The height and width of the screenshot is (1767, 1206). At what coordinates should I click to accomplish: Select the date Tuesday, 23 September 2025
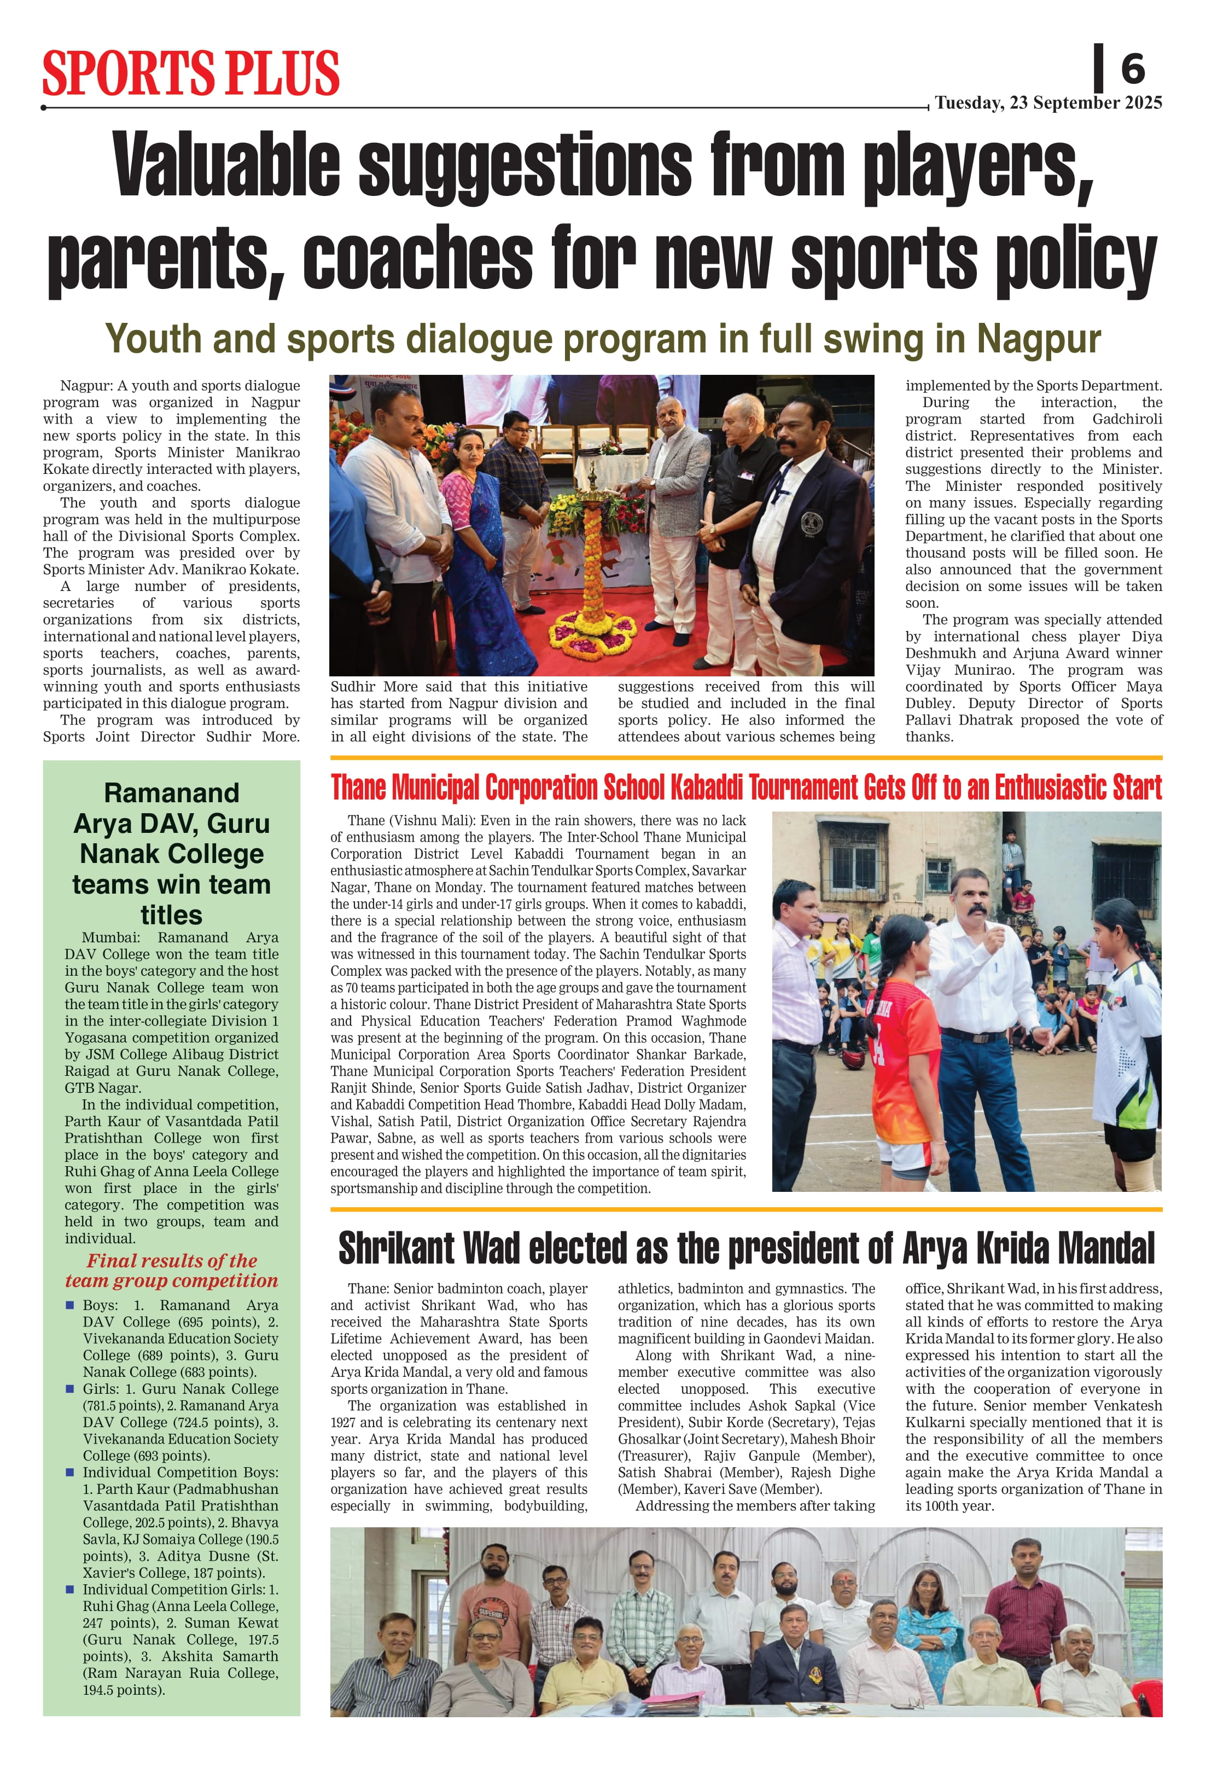1048,103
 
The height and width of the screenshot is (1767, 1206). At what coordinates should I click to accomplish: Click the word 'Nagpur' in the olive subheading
1038,339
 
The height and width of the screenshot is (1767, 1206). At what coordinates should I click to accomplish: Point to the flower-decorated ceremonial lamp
592,547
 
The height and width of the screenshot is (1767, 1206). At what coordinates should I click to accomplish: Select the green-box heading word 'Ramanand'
172,793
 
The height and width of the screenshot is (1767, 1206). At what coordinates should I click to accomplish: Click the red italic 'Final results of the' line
172,1261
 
